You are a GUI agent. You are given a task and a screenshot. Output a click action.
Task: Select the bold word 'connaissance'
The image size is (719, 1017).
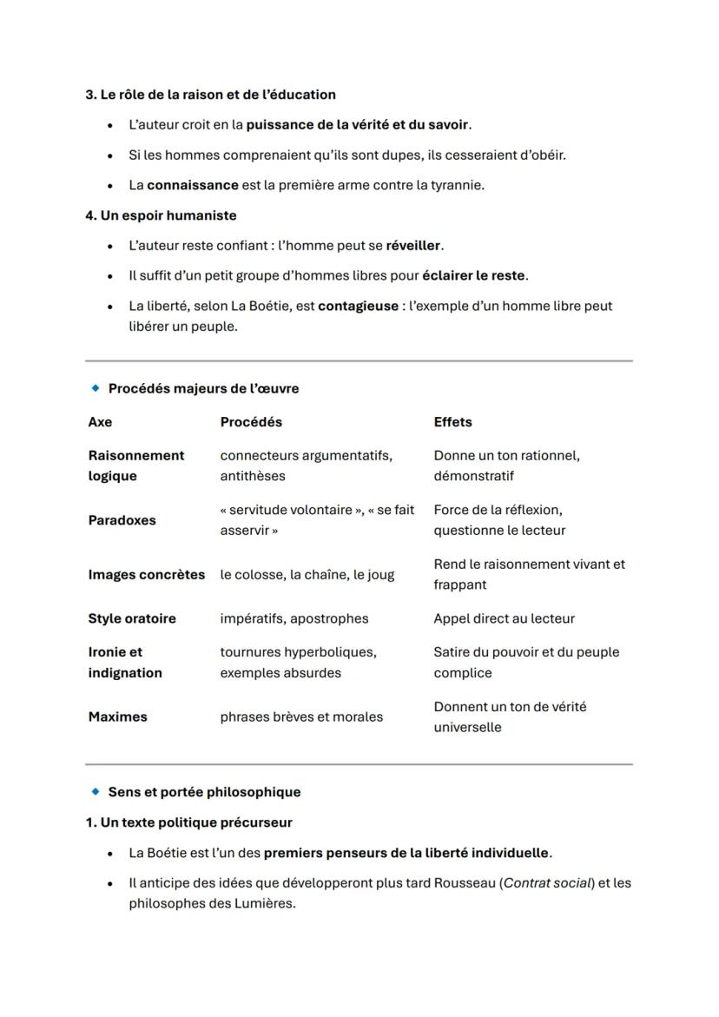click(193, 185)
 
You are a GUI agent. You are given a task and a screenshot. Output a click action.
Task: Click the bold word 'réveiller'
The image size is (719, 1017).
click(414, 246)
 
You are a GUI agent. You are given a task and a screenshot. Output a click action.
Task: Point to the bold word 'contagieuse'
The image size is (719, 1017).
click(358, 307)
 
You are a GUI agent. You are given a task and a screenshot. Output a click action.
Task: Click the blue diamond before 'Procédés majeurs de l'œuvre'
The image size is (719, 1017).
click(95, 388)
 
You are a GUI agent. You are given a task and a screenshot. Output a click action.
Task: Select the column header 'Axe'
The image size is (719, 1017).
click(100, 422)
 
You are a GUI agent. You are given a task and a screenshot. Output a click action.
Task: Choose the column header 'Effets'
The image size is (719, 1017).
click(452, 422)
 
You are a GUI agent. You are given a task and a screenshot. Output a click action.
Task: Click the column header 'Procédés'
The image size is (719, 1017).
click(251, 422)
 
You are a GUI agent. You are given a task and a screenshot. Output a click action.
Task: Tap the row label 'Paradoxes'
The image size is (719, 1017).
click(122, 520)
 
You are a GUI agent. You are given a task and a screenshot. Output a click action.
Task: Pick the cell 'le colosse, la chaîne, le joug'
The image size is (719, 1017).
click(307, 575)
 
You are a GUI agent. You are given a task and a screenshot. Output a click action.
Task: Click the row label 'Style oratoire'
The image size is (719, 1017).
click(132, 619)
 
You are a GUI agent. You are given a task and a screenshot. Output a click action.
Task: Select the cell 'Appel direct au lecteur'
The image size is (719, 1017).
click(504, 619)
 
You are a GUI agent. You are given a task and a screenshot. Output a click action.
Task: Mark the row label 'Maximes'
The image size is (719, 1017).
click(117, 717)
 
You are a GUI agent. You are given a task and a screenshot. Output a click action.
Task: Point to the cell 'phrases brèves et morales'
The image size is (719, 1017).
click(301, 717)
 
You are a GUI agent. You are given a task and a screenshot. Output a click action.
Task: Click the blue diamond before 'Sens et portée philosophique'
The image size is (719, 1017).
click(95, 792)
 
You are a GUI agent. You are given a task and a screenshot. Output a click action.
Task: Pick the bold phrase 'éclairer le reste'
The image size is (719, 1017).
click(473, 276)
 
